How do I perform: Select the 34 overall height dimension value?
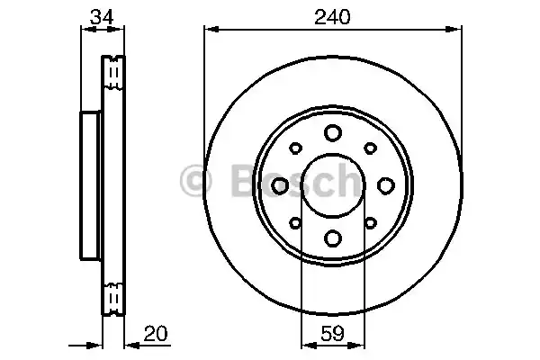[x=103, y=16]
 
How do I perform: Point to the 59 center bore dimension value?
[x=332, y=335]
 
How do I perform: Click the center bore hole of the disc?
[x=332, y=184]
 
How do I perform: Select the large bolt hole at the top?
[x=332, y=132]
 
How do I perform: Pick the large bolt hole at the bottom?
[x=332, y=238]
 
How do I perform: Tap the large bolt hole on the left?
[x=279, y=184]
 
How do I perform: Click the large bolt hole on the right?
[x=385, y=184]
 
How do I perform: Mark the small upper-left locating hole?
[x=295, y=148]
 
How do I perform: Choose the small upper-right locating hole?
[x=369, y=148]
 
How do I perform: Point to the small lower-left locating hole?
[x=295, y=221]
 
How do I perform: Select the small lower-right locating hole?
[x=369, y=221]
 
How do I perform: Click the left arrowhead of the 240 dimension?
[x=210, y=30]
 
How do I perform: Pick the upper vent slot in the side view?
[x=113, y=75]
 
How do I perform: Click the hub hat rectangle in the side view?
[x=91, y=184]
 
